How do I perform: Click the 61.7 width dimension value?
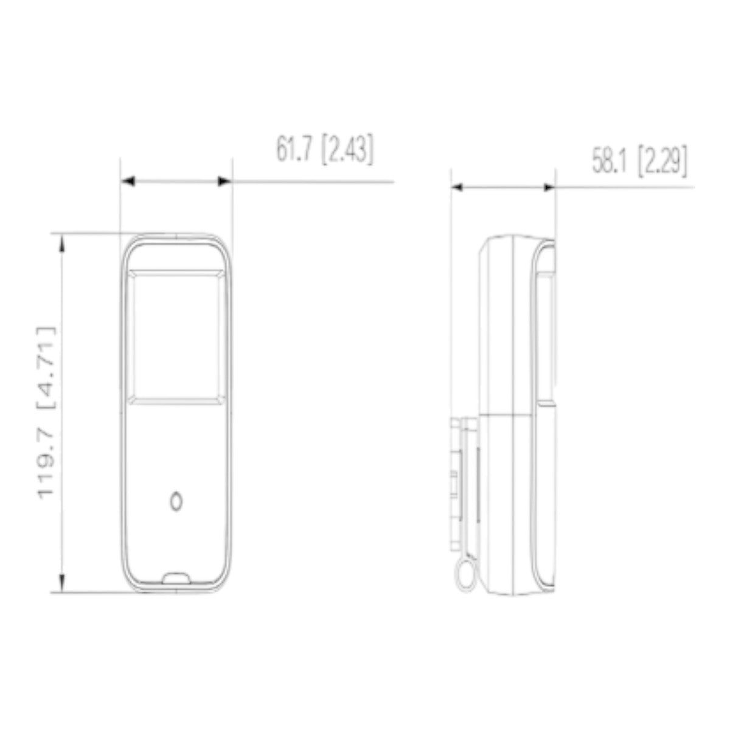[296, 150]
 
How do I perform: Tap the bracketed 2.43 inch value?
[347, 150]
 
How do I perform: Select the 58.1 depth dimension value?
[611, 162]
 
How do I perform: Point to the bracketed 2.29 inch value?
[662, 162]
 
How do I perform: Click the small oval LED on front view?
[176, 501]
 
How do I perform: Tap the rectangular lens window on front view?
[176, 336]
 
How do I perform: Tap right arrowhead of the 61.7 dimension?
[225, 181]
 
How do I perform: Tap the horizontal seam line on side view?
[511, 414]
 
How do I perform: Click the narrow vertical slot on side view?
[477, 487]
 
